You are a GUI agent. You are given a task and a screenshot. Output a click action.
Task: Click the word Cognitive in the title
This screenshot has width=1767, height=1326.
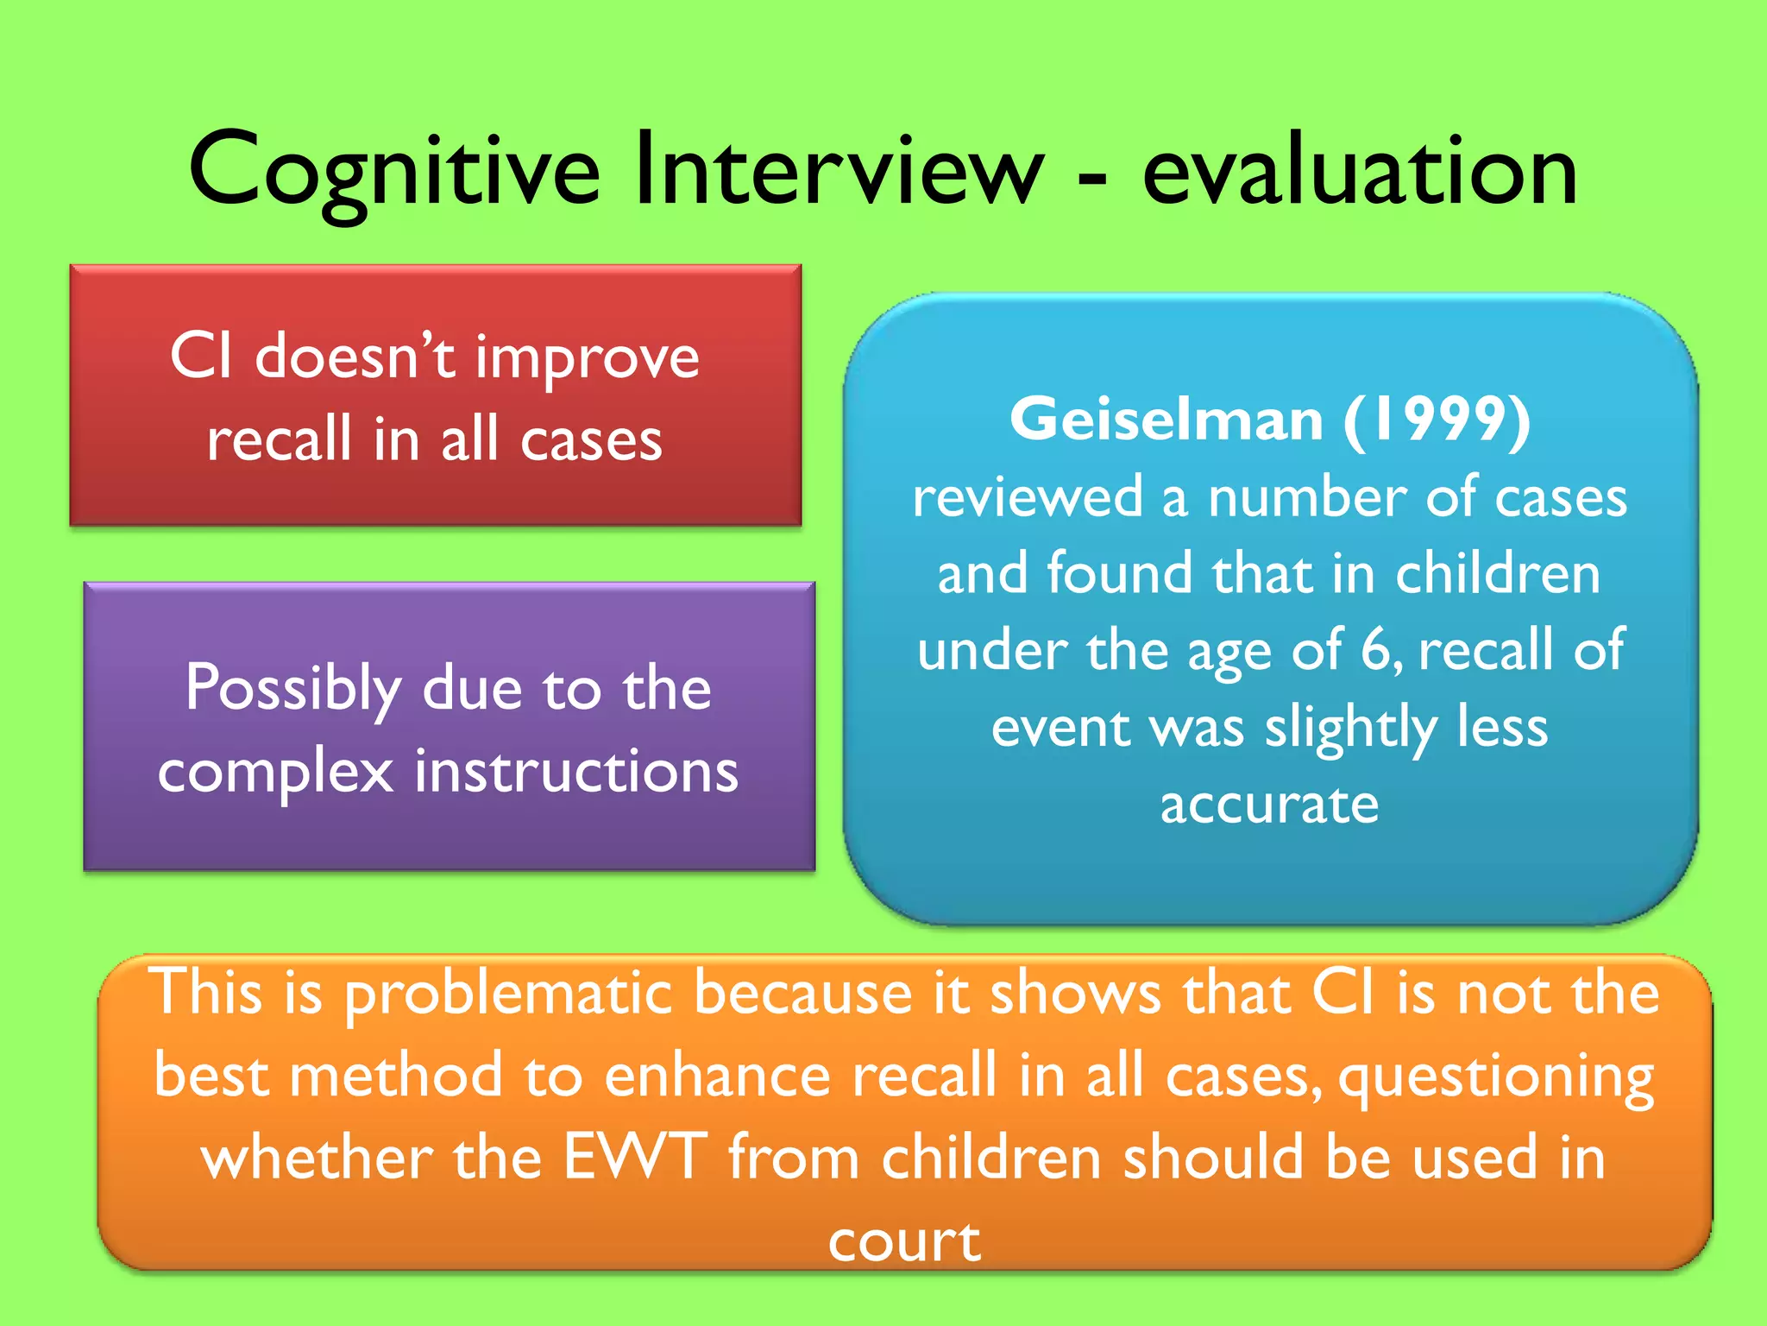coord(393,173)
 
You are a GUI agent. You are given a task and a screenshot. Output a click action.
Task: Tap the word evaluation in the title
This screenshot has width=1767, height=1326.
coord(1360,173)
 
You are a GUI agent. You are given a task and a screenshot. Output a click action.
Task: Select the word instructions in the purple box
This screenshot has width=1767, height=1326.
coord(576,770)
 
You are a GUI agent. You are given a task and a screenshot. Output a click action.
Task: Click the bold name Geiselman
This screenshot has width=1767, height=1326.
coord(1166,420)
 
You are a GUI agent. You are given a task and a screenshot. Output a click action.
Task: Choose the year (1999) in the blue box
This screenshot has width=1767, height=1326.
coord(1437,420)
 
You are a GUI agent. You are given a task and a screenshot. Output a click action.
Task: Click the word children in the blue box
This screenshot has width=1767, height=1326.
coord(1498,573)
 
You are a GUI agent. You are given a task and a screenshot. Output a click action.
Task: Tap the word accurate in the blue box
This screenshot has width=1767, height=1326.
coord(1269,805)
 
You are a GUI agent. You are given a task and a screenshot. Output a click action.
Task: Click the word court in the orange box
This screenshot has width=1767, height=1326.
coord(904,1241)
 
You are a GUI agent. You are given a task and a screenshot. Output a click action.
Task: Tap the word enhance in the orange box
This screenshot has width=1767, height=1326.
coord(717,1076)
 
